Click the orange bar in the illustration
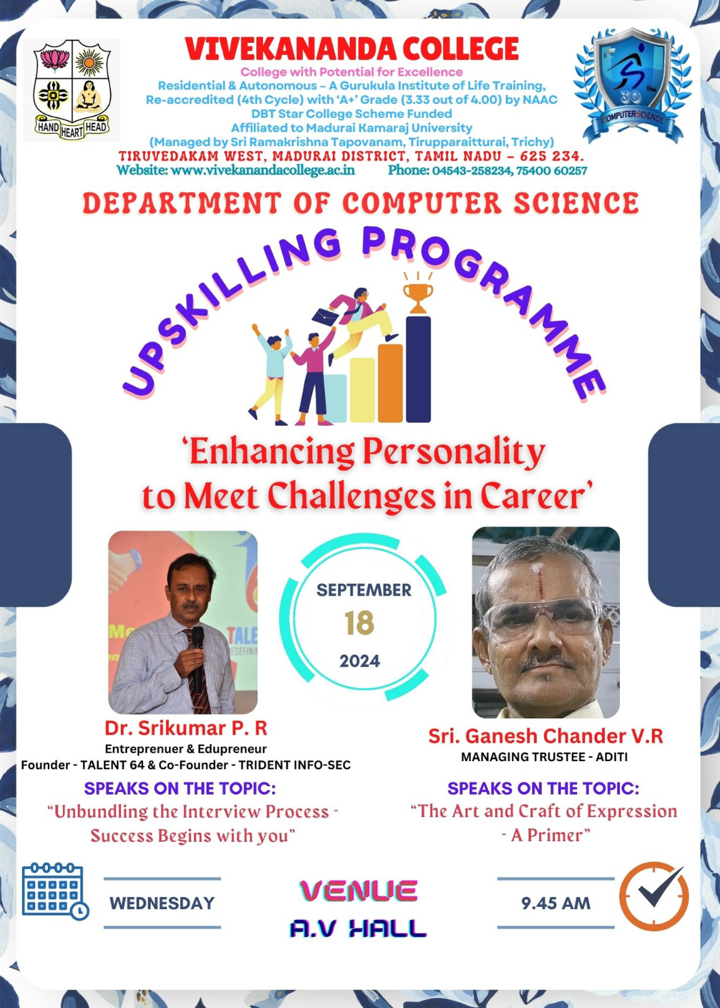click(390, 383)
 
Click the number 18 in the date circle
click(359, 623)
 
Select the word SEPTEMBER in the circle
click(364, 590)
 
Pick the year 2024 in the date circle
click(360, 661)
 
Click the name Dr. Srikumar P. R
click(186, 728)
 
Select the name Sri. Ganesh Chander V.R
click(545, 736)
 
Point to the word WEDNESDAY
click(162, 903)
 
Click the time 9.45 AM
click(555, 903)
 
